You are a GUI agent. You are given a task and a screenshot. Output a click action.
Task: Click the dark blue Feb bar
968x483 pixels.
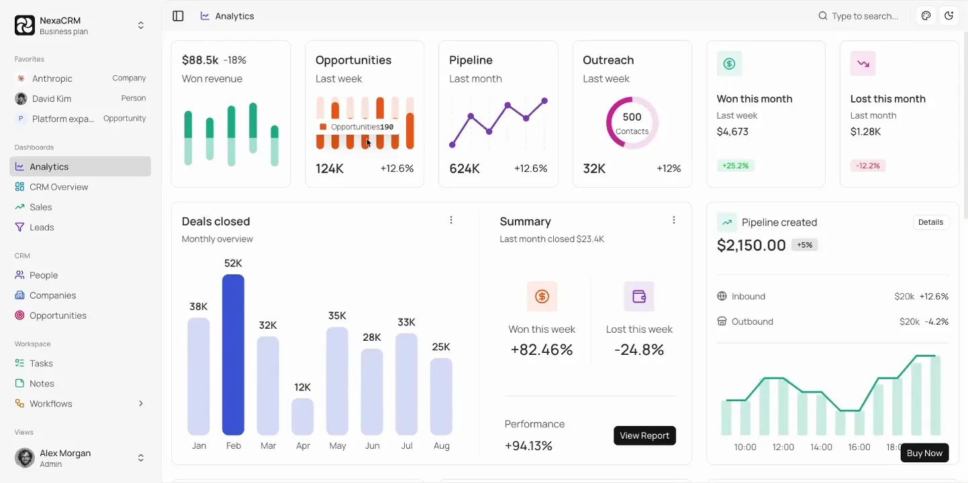click(233, 355)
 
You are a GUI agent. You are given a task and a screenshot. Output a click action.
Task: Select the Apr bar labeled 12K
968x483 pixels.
click(303, 417)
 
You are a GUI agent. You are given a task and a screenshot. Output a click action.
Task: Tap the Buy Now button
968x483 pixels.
click(924, 453)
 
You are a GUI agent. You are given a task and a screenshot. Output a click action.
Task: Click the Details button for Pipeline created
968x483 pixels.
click(930, 222)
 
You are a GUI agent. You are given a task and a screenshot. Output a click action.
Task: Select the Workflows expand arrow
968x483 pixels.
click(141, 404)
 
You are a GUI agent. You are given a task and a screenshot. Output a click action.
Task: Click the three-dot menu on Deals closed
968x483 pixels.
click(451, 220)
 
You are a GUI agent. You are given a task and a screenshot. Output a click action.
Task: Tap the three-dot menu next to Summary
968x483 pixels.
click(674, 220)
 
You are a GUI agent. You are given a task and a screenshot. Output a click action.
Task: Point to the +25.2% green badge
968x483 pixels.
click(735, 166)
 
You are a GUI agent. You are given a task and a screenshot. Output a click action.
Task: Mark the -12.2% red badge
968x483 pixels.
click(868, 166)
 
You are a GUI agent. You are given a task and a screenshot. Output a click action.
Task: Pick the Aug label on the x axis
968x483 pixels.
click(441, 445)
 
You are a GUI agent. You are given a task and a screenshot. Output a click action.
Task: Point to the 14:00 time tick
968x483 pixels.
click(821, 447)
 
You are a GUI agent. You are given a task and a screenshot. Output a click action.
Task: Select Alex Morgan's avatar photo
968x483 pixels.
click(25, 458)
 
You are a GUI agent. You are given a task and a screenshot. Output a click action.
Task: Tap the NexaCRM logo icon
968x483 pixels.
click(25, 25)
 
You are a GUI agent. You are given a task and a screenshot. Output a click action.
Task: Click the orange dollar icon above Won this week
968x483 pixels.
click(542, 297)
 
